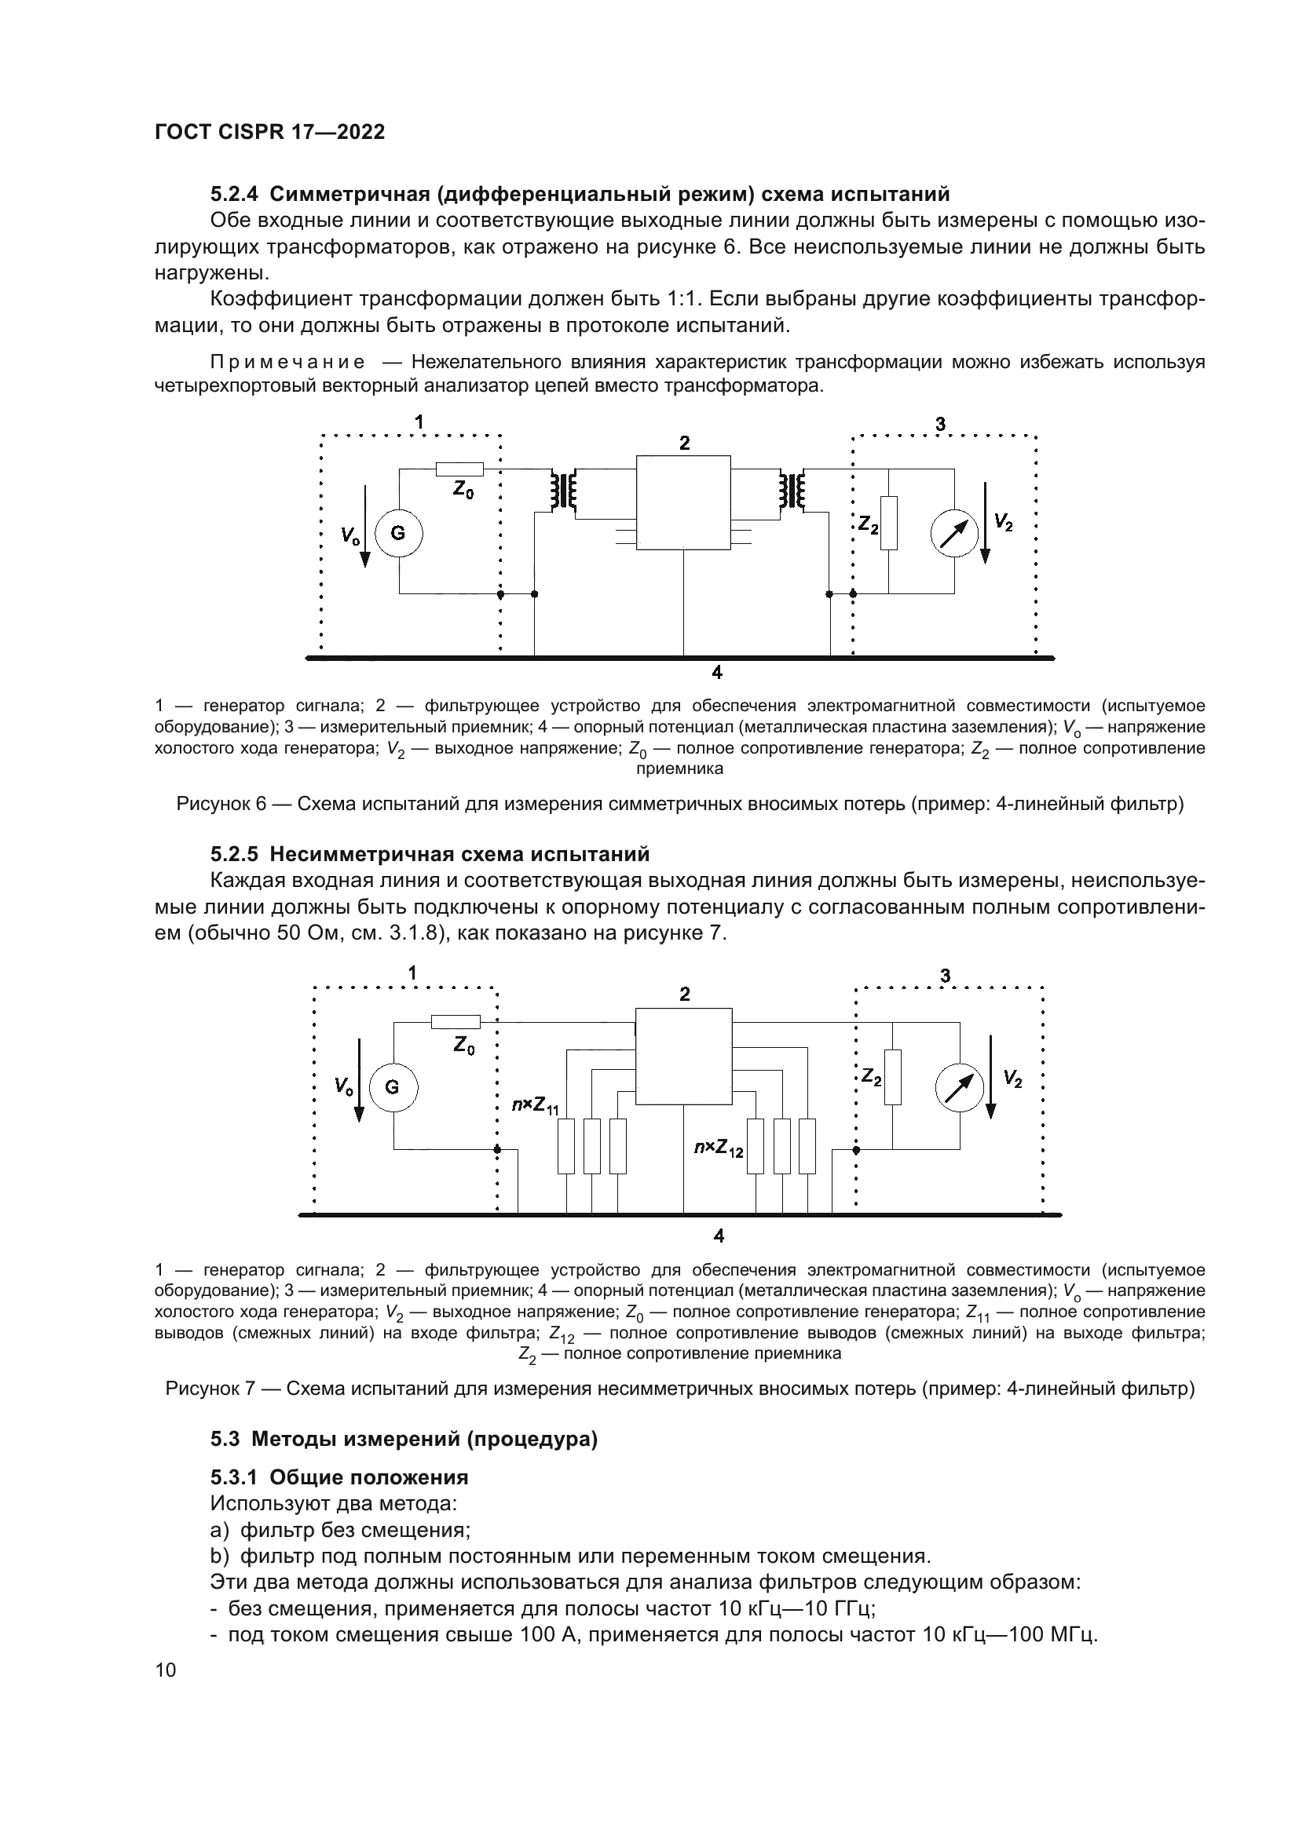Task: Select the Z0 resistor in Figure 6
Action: pos(460,469)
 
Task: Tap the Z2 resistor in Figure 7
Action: pos(893,1077)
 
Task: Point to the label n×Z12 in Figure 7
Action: pos(719,1148)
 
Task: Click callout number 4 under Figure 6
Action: pos(718,673)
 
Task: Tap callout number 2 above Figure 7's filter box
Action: pos(685,994)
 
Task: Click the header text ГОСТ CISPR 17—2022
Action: pos(269,132)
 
